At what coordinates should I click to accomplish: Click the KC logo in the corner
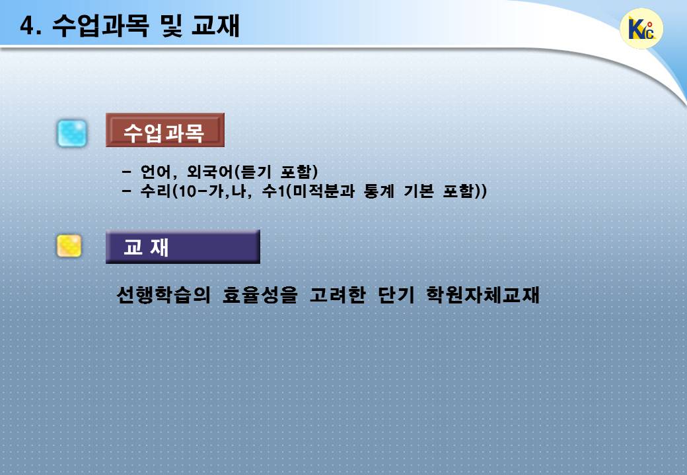641,28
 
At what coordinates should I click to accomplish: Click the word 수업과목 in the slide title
101,25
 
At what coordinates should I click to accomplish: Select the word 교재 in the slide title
215,25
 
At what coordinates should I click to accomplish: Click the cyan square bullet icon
72,133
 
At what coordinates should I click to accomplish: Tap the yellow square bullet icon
69,246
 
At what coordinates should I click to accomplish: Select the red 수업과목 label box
165,130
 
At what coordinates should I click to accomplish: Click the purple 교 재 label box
183,247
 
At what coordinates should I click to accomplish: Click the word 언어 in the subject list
155,172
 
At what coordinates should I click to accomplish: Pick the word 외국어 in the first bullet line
210,172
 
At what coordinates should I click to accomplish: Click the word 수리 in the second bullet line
155,191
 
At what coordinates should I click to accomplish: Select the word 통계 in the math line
379,191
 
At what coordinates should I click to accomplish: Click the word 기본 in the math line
418,191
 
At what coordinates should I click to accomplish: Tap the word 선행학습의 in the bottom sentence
164,294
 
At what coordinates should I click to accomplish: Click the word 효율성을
260,294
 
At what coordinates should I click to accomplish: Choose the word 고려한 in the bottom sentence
338,294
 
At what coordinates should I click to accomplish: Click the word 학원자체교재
483,294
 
